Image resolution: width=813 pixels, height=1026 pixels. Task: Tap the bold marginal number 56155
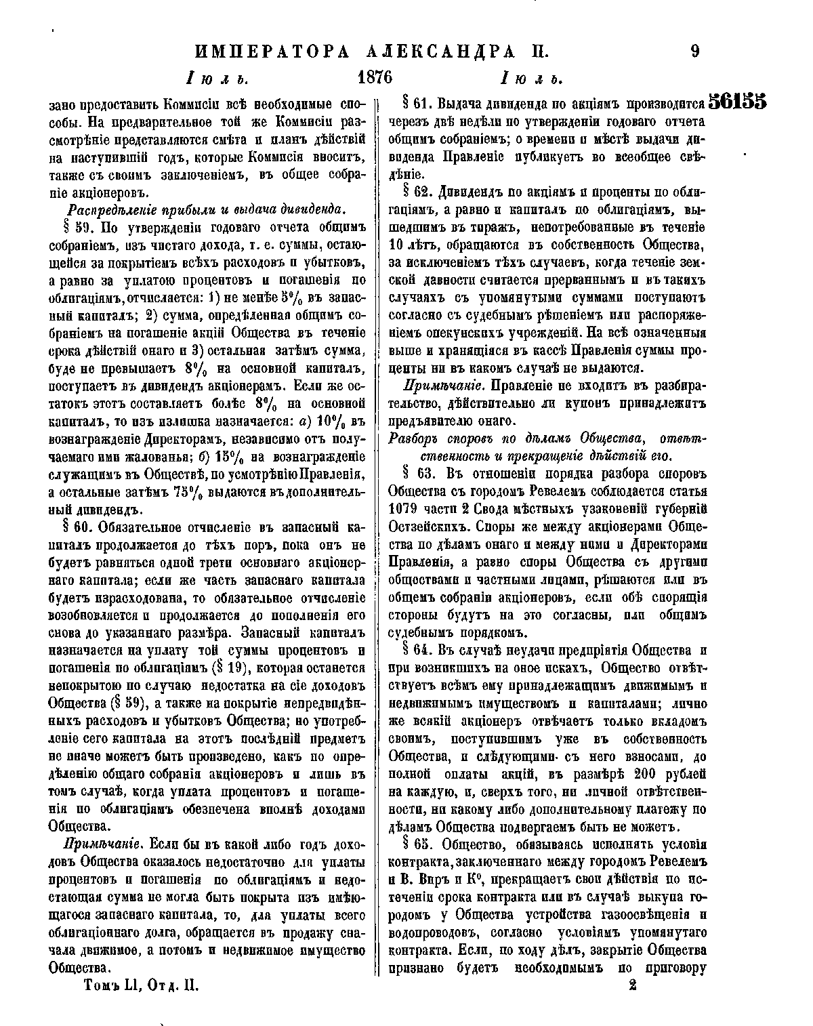click(737, 102)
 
